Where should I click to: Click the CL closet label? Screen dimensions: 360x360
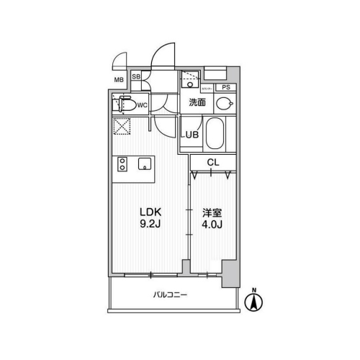(x=213, y=163)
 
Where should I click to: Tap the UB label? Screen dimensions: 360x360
(x=190, y=135)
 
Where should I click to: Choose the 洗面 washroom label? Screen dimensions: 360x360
(x=197, y=103)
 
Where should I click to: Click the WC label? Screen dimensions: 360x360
(x=143, y=106)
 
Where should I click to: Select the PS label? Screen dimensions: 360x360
(x=226, y=88)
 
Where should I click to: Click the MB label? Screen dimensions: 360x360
(x=120, y=81)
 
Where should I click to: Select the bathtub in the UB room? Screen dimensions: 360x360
(x=215, y=133)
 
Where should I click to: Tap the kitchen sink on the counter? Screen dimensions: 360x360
(x=143, y=163)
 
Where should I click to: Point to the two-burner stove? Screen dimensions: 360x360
(x=122, y=164)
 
